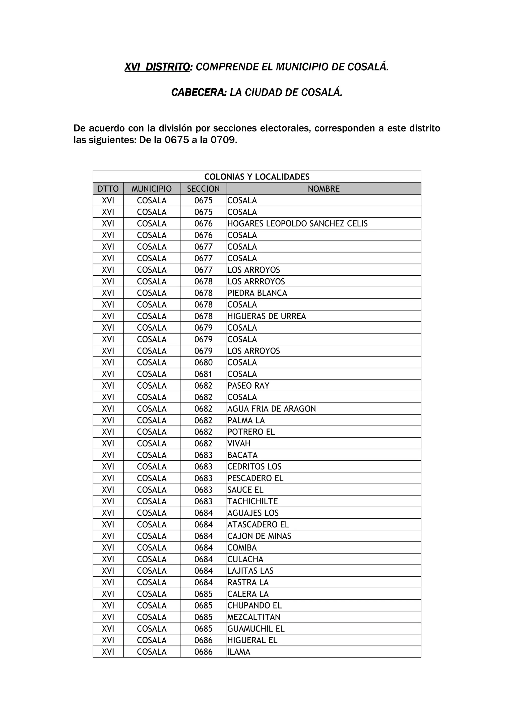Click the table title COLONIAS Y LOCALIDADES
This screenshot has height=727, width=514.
[257, 177]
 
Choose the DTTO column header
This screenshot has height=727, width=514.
[108, 189]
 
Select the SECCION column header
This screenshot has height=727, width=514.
[203, 189]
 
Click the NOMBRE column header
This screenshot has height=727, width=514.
[324, 189]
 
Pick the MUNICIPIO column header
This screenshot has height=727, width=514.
[152, 189]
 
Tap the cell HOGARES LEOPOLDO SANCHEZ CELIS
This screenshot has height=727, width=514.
[297, 223]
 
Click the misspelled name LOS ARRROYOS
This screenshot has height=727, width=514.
[256, 281]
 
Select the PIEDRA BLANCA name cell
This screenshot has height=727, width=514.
[257, 293]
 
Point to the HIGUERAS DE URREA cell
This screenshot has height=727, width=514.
[267, 316]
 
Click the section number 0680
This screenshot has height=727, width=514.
[203, 362]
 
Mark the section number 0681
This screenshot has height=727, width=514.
[203, 374]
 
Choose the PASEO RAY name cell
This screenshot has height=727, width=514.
[248, 386]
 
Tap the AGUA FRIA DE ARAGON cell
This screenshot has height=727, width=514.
[271, 409]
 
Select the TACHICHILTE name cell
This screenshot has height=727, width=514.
[252, 501]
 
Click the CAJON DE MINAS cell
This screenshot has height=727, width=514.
[259, 536]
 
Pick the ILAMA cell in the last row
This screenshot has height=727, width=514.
[239, 652]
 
